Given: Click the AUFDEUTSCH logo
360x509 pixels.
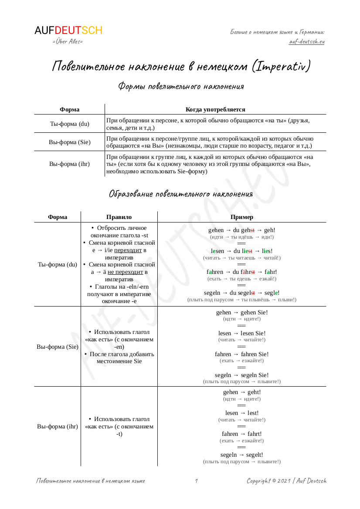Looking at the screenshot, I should pos(68,30).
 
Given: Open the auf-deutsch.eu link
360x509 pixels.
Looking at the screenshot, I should pos(307,41).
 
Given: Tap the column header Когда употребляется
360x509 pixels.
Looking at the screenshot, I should pos(215,109).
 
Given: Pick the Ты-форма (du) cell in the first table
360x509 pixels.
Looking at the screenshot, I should pos(70,124).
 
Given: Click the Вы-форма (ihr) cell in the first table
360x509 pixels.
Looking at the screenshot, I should pos(70,164).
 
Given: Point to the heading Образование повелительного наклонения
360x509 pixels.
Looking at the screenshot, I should pos(180,194).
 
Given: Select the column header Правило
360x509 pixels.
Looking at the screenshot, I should pos(119,217).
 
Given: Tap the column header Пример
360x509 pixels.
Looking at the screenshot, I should pos(242,217).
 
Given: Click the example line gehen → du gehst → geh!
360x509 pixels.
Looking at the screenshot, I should pos(242,230).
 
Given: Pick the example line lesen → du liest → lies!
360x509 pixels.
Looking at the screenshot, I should pos(242,251).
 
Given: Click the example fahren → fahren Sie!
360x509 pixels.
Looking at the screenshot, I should pos(242,354).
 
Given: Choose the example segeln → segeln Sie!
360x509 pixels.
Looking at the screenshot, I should pos(242,375).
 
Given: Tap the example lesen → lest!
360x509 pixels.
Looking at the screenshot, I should pos(242,413).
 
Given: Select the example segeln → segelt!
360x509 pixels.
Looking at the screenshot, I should pos(242,455).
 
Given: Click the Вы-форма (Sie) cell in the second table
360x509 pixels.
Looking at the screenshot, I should pos(58,347).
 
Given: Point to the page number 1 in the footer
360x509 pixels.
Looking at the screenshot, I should pos(197,481).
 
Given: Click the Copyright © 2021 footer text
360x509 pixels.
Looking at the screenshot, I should pos(286,481).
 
